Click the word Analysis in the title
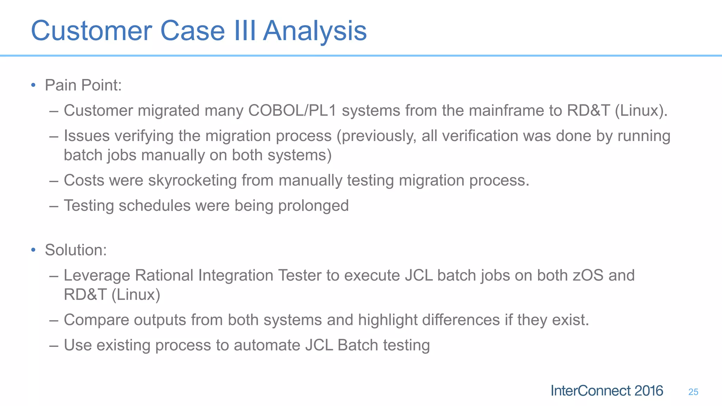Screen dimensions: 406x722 click(x=315, y=31)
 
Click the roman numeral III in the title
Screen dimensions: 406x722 click(x=244, y=31)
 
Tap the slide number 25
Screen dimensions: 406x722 click(x=693, y=392)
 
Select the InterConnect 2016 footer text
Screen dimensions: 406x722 click(x=606, y=391)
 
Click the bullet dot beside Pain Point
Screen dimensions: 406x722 click(x=33, y=85)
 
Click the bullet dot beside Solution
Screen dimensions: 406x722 click(x=33, y=250)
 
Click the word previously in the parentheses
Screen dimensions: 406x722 click(x=377, y=136)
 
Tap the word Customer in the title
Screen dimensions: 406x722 click(x=91, y=31)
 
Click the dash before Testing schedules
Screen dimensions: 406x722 click(x=54, y=206)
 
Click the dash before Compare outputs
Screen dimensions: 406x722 click(x=54, y=320)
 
